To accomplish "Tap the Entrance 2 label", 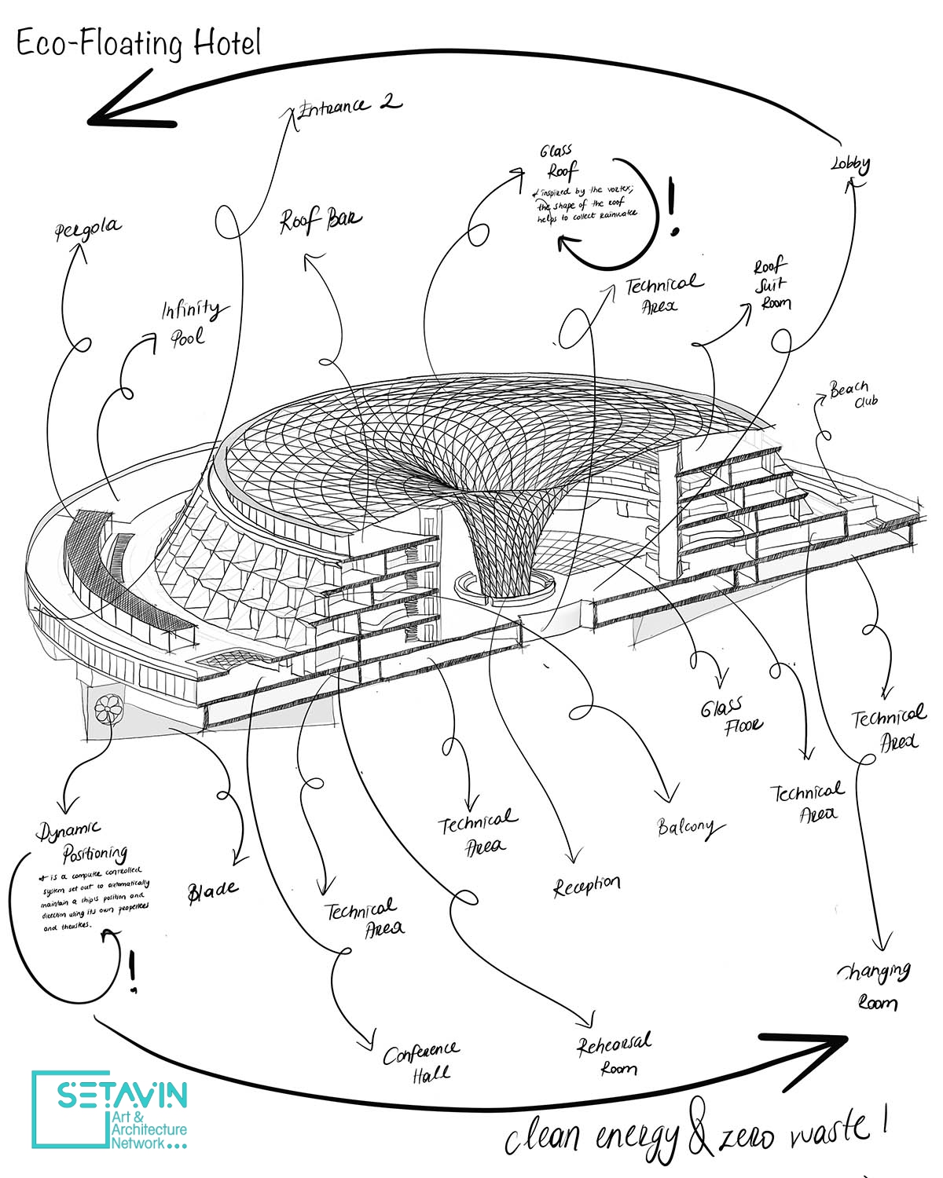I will [346, 105].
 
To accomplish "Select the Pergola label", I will [88, 229].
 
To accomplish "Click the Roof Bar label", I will [321, 221].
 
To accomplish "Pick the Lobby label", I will [850, 164].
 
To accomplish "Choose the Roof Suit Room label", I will [772, 284].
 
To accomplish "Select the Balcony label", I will [685, 826].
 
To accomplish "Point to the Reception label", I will [586, 886].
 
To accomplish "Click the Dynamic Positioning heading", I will [83, 840].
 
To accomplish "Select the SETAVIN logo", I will [110, 1109].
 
